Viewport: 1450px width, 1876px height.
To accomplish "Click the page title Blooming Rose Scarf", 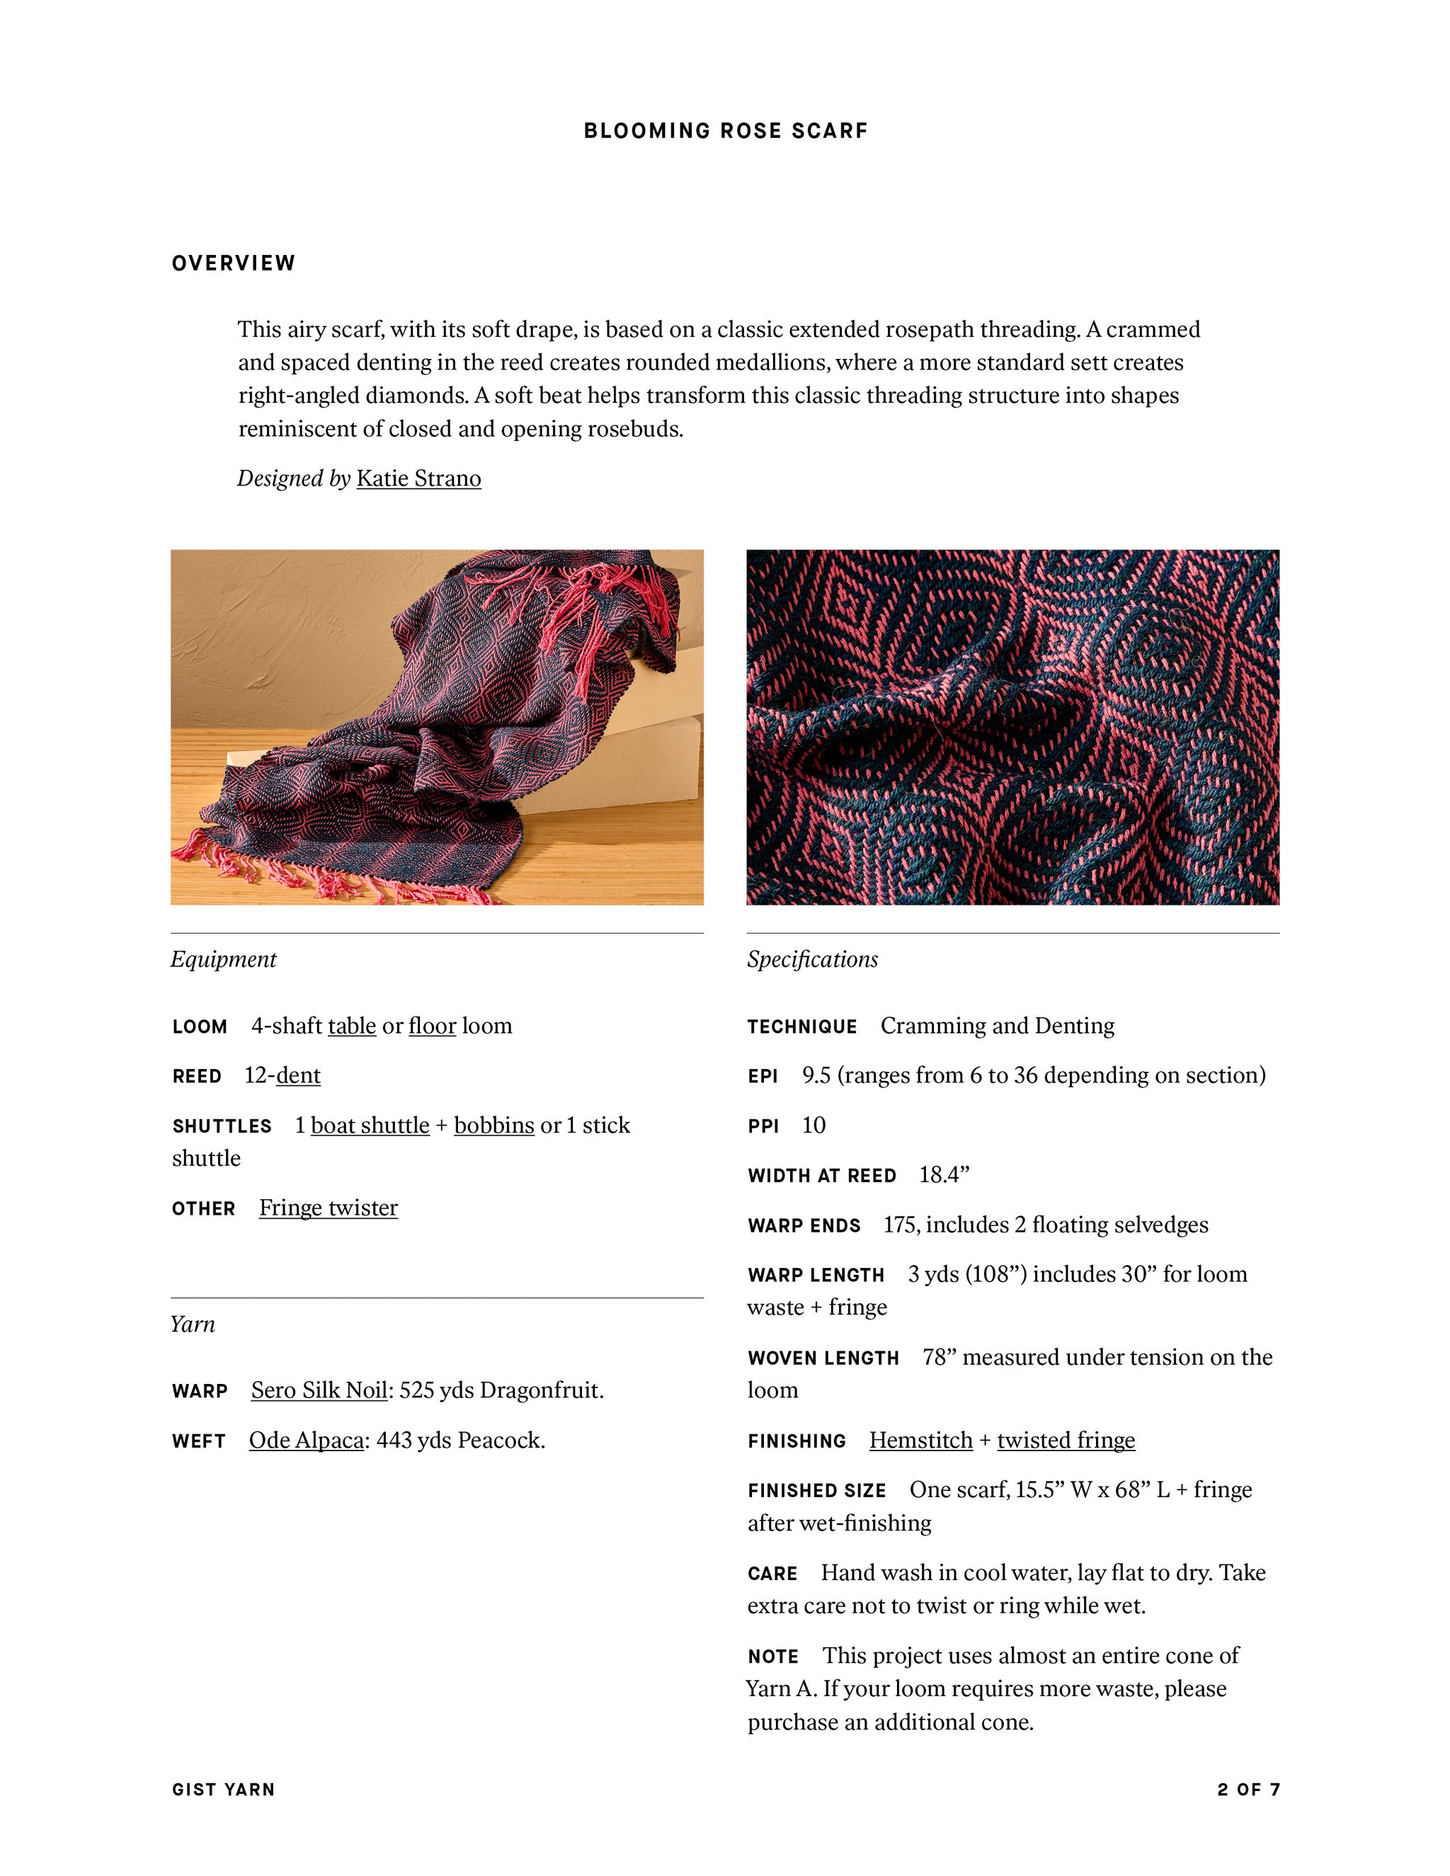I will [725, 130].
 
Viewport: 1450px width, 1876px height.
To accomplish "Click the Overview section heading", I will [234, 263].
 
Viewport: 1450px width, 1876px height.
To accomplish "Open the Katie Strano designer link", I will [418, 479].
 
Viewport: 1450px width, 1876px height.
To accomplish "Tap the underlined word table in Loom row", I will [351, 1026].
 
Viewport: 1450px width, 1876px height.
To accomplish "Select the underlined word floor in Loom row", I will [432, 1026].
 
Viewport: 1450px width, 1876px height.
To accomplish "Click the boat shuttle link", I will [370, 1126].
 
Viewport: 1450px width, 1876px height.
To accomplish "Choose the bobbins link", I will [494, 1126].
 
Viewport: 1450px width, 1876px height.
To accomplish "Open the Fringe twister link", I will [328, 1208].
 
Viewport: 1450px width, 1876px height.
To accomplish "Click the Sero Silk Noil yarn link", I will [319, 1390].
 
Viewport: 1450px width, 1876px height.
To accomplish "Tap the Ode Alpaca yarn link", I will [306, 1440].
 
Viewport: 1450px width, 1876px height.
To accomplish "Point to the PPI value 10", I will [813, 1126].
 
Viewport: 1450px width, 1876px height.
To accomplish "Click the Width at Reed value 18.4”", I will [943, 1175].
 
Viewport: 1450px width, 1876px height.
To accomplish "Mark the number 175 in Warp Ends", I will [898, 1225].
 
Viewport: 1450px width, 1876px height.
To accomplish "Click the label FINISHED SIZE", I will [816, 1490].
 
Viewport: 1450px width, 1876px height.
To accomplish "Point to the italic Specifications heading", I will [812, 959].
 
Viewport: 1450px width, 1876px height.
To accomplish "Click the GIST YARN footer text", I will [223, 1789].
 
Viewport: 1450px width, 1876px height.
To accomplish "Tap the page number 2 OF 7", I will [1248, 1789].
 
